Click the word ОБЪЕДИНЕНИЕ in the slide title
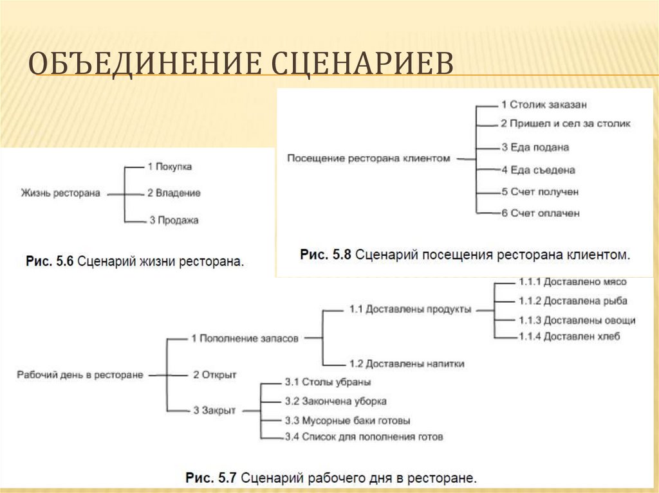click(x=139, y=64)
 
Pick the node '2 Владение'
click(x=174, y=193)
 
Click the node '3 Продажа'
click(x=174, y=220)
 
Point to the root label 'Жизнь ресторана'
click(x=60, y=193)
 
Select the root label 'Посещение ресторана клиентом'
click(x=368, y=157)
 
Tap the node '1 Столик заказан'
click(x=544, y=103)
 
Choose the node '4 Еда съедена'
click(x=538, y=170)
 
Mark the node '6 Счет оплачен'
click(x=541, y=213)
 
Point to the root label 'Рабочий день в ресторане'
click(x=80, y=373)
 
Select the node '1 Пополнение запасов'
click(x=245, y=338)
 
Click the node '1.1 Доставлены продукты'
click(x=410, y=309)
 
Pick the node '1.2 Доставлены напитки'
click(x=407, y=364)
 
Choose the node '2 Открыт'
click(x=215, y=374)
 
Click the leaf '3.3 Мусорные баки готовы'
click(x=347, y=420)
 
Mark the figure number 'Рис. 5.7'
click(x=212, y=478)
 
